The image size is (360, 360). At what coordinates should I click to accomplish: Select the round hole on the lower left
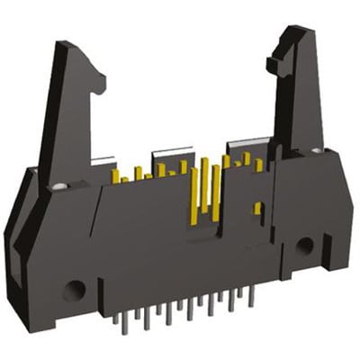coord(74,291)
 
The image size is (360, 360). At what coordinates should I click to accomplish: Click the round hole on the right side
coord(305,245)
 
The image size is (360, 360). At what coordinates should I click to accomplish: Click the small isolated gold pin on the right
coord(257,209)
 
